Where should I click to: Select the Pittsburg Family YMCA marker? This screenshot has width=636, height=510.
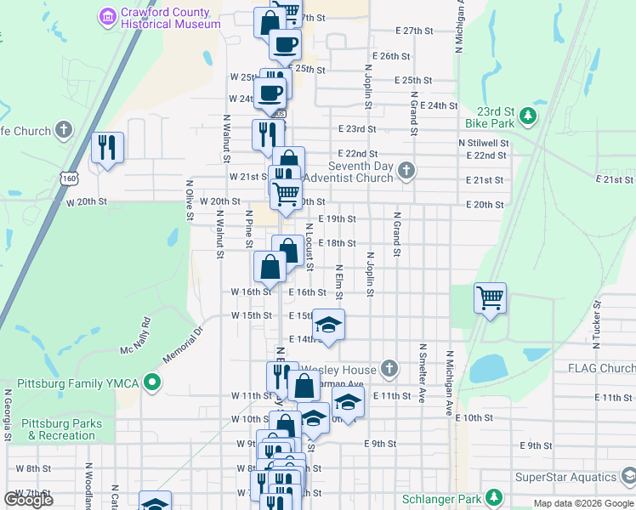[x=152, y=383]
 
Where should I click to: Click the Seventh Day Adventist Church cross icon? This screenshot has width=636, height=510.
[x=406, y=171]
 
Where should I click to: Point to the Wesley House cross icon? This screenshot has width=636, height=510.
[x=389, y=368]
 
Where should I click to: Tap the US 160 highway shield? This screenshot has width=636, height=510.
[x=68, y=177]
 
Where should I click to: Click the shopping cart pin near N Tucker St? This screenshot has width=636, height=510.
[x=491, y=298]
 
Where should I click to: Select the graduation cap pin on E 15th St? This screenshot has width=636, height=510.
[x=328, y=326]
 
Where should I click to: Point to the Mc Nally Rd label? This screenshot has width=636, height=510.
[x=135, y=337]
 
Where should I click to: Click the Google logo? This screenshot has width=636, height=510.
[x=28, y=499]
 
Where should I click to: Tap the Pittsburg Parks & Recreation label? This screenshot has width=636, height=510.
[x=61, y=429]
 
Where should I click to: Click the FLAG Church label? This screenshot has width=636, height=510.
[x=605, y=368]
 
